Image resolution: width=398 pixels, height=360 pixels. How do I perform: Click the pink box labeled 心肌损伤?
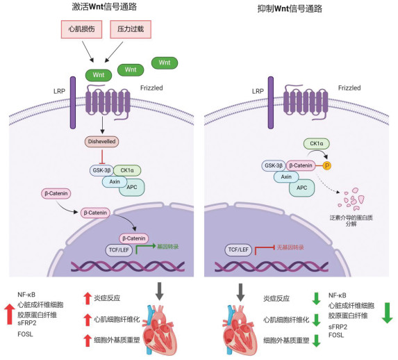coord(81,29)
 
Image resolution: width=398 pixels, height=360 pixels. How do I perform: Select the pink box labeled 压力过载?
coord(131,29)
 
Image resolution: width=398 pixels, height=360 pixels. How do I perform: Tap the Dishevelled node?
coord(101,142)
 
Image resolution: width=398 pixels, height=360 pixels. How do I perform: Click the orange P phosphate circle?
coord(327,166)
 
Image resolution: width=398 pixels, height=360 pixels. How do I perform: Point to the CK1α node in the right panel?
coord(317,144)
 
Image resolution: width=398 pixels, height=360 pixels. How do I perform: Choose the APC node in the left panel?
coord(132,188)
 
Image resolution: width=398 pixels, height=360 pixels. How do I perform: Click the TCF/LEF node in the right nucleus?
coord(238,249)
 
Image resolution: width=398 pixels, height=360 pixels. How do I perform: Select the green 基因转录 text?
coord(168,247)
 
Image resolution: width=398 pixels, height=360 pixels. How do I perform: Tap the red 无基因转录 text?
coord(290,247)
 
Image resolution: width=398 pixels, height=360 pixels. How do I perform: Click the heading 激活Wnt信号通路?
coord(104,7)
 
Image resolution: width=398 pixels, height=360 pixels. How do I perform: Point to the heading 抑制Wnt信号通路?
coord(290,8)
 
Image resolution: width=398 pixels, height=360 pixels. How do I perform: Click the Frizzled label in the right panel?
coord(349,88)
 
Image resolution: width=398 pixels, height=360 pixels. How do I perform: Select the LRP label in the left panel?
coord(59,91)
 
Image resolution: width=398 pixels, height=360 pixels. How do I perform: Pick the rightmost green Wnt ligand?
coord(165,63)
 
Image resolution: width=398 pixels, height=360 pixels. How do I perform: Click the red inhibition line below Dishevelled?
coord(102,156)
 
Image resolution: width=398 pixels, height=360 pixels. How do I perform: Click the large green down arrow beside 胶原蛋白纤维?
coord(387,313)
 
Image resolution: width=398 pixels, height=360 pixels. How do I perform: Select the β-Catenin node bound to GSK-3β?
coord(301,165)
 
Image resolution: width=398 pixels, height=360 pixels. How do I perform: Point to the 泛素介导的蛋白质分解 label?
coord(351,220)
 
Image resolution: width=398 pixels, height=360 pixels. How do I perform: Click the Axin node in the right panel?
coord(286,177)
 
